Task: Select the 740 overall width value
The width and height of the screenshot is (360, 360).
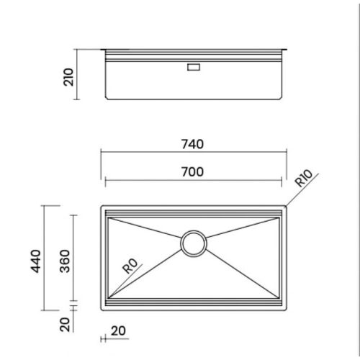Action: tap(193, 144)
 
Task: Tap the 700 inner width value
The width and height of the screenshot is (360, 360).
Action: tap(193, 171)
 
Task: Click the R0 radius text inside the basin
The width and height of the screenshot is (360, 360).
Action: tap(130, 266)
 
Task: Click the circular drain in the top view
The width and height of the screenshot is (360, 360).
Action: tap(194, 243)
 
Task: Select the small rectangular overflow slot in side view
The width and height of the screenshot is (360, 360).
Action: tap(194, 67)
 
